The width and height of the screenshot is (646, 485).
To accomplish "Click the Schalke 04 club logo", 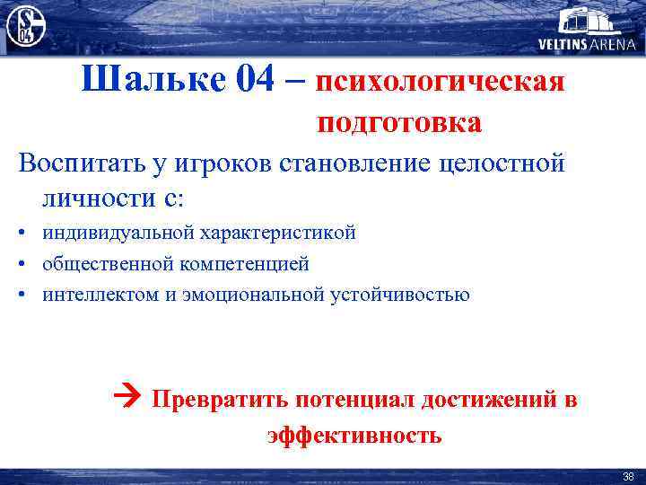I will click(x=25, y=25).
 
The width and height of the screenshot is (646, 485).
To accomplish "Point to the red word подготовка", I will click(x=398, y=122).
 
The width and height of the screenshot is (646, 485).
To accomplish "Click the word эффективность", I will click(x=354, y=436).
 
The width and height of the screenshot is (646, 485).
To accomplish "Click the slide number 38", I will click(x=628, y=476).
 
